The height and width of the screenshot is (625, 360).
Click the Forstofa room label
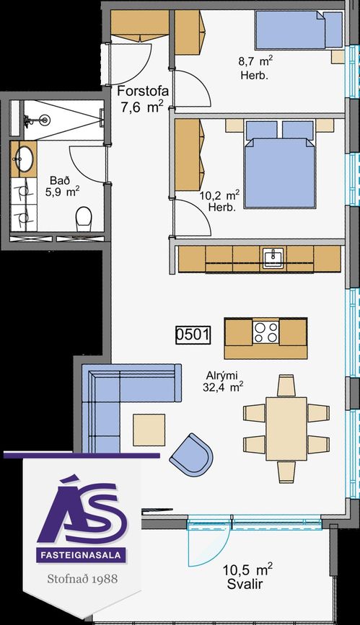[x=142, y=91]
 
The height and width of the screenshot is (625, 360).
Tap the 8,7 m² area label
[x=255, y=61]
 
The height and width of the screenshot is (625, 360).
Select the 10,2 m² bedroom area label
[x=219, y=195]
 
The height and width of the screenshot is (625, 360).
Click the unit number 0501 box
[x=193, y=334]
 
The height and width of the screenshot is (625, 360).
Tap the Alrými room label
[x=222, y=376]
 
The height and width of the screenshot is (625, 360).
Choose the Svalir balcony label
[x=245, y=585]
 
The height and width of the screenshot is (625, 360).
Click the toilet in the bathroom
[x=84, y=218]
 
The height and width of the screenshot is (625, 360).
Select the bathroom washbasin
[x=25, y=159]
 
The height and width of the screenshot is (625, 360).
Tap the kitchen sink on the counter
[x=273, y=257]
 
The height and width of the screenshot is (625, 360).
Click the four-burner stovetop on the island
[x=265, y=332]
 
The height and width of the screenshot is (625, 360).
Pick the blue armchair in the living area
[x=192, y=453]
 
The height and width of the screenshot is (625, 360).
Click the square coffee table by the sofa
[x=149, y=430]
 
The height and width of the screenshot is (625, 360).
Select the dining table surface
[x=286, y=428]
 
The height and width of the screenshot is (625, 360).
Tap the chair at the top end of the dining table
[x=286, y=386]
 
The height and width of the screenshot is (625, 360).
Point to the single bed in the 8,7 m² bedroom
[x=299, y=30]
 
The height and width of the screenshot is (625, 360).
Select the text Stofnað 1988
[x=82, y=578]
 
